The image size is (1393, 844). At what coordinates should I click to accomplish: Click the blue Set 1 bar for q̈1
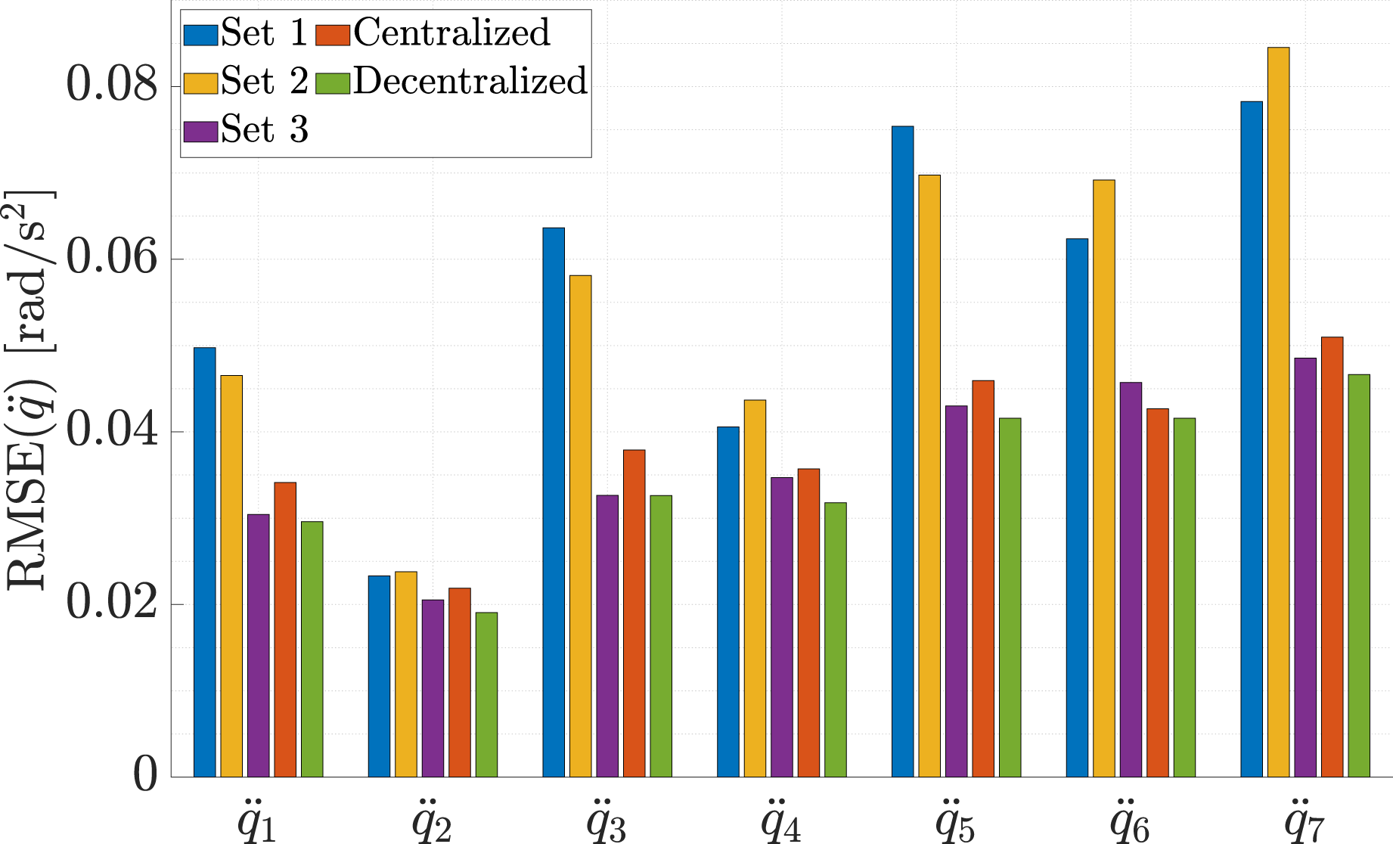pyautogui.click(x=205, y=562)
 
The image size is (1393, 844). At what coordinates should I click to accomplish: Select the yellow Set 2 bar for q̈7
pyautogui.click(x=1279, y=412)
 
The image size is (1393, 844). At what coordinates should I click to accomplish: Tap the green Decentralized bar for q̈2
pyautogui.click(x=486, y=694)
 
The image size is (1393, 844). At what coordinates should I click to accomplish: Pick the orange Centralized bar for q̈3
pyautogui.click(x=634, y=613)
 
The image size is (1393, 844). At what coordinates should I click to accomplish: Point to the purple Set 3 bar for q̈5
pyautogui.click(x=956, y=591)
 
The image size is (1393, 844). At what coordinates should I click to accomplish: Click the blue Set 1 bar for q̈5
pyautogui.click(x=902, y=451)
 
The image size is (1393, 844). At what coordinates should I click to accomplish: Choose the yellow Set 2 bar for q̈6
pyautogui.click(x=1104, y=478)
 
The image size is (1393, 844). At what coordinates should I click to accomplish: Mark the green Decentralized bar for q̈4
pyautogui.click(x=836, y=640)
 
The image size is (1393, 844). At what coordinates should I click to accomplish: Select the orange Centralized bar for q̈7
pyautogui.click(x=1333, y=557)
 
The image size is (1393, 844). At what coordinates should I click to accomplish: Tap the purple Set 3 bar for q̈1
pyautogui.click(x=259, y=645)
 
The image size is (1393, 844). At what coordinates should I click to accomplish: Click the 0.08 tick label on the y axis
pyautogui.click(x=113, y=84)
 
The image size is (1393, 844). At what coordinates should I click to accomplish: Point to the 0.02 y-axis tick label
pyautogui.click(x=113, y=603)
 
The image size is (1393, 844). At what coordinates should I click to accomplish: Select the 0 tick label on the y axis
pyautogui.click(x=146, y=775)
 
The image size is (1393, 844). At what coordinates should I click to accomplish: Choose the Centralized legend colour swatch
pyautogui.click(x=332, y=35)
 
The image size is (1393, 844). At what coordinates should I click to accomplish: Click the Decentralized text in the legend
pyautogui.click(x=470, y=81)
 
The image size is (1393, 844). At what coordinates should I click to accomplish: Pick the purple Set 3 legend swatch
pyautogui.click(x=201, y=132)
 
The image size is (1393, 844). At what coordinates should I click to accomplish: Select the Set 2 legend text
pyautogui.click(x=265, y=81)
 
